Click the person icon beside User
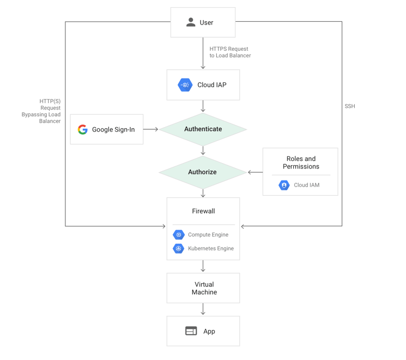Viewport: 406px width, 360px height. (x=191, y=22)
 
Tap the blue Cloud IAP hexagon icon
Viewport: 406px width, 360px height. (x=185, y=85)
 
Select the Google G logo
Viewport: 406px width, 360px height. (x=83, y=129)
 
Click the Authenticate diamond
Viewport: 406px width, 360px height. (x=203, y=129)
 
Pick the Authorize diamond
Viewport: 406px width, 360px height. (x=203, y=172)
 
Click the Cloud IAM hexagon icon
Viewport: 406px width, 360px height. (x=284, y=185)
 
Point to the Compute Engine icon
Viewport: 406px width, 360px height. (x=179, y=235)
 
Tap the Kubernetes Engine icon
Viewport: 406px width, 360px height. (x=179, y=249)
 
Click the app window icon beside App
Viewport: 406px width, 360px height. (x=191, y=331)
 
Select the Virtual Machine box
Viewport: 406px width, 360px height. (x=203, y=288)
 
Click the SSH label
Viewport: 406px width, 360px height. (x=350, y=106)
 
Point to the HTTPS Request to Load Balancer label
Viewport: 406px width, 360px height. (x=230, y=52)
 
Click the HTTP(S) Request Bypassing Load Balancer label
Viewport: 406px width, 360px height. (x=41, y=111)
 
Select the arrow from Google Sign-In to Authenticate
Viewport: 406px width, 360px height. (x=150, y=129)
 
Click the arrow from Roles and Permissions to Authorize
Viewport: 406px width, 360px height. (x=255, y=172)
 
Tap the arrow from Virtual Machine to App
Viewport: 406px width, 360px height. (x=203, y=309)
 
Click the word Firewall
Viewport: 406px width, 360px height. (x=203, y=211)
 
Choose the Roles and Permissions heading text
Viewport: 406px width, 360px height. (x=301, y=163)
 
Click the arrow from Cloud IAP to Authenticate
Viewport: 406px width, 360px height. (x=203, y=106)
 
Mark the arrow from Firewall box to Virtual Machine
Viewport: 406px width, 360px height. (x=203, y=266)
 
